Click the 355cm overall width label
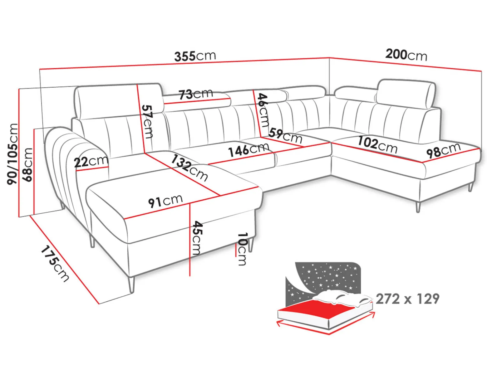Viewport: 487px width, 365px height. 195,56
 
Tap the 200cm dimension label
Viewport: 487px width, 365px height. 406,55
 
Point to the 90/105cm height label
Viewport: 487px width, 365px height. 12,154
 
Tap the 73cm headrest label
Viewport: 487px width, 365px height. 196,94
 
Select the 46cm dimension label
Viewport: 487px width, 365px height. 263,110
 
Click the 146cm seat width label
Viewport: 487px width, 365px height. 249,150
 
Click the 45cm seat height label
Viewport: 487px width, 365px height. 196,238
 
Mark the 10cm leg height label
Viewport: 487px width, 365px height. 242,249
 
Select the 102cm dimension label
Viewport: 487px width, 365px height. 377,145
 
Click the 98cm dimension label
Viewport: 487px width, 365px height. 443,151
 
